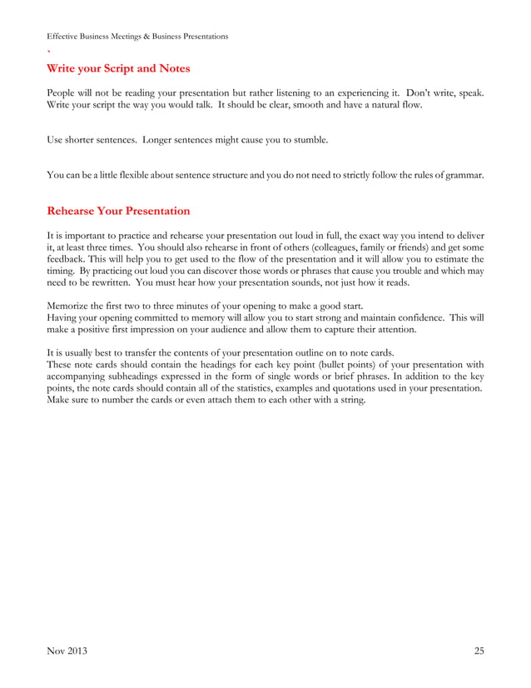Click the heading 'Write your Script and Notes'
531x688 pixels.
click(118, 67)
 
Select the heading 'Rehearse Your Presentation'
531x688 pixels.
click(118, 211)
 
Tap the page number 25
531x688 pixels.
click(478, 651)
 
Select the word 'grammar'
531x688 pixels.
click(462, 175)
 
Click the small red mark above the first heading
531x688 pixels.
click(48, 51)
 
